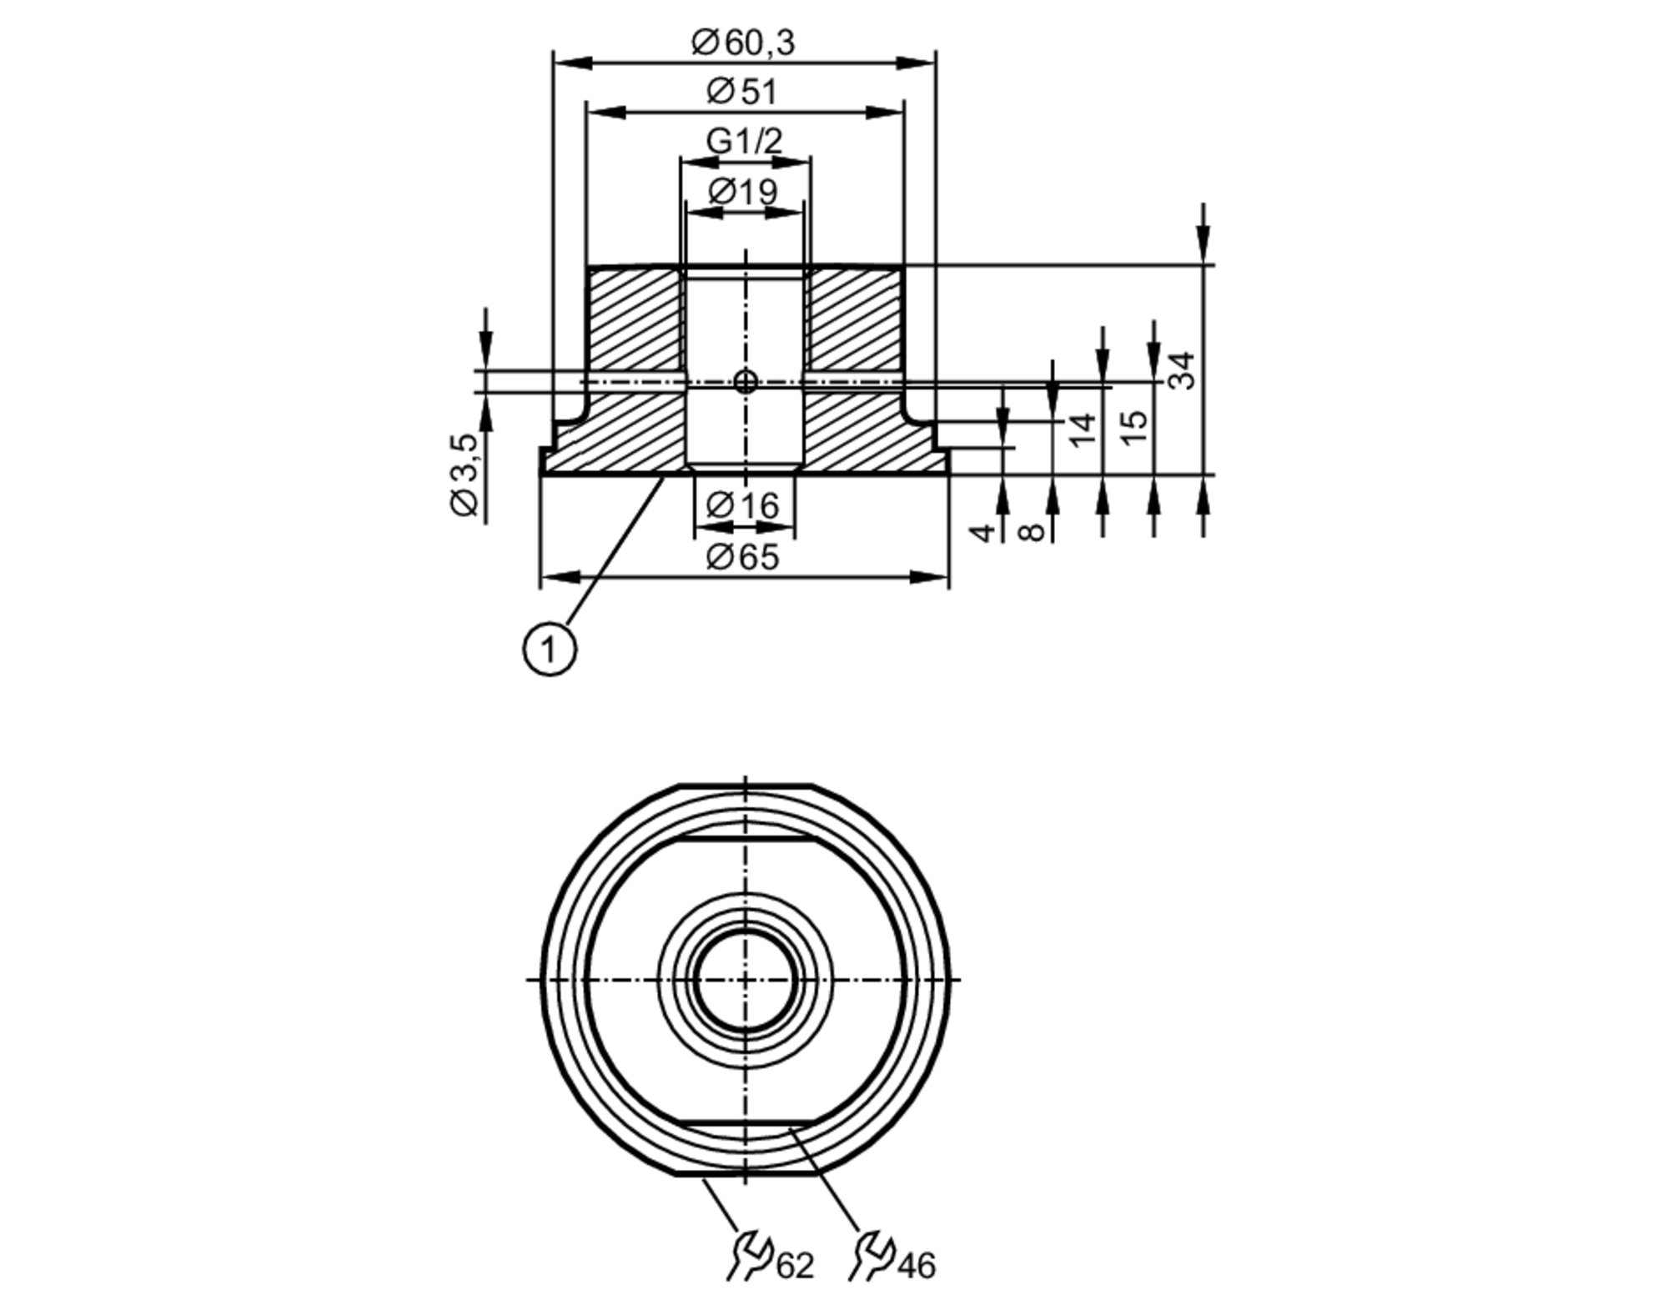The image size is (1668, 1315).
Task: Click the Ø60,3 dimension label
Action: pyautogui.click(x=743, y=42)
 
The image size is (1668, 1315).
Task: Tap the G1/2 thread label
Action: pyautogui.click(x=744, y=140)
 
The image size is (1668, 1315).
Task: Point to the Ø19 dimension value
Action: pyautogui.click(x=743, y=192)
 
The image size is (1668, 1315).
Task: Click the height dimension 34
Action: pyautogui.click(x=1181, y=370)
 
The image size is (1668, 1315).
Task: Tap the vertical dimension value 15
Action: pyautogui.click(x=1133, y=428)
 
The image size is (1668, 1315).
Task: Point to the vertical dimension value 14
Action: pyautogui.click(x=1082, y=429)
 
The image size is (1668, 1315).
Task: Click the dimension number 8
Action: pyautogui.click(x=1032, y=531)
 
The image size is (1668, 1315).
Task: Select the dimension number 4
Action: pyautogui.click(x=984, y=531)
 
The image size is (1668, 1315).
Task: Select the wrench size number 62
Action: pyautogui.click(x=795, y=1266)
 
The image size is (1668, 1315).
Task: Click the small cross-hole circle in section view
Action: pyautogui.click(x=745, y=382)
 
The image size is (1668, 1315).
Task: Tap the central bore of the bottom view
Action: pyautogui.click(x=745, y=979)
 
